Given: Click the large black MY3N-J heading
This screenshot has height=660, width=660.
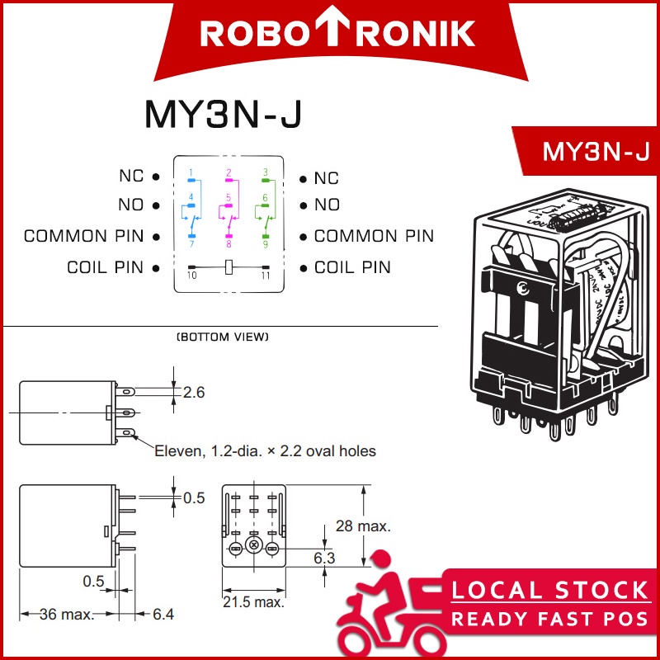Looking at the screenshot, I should (x=223, y=115).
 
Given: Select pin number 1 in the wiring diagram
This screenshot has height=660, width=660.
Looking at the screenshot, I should (x=191, y=172).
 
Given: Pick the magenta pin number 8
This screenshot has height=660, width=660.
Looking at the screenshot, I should (x=229, y=244).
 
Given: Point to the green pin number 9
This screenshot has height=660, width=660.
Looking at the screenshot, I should (x=265, y=244).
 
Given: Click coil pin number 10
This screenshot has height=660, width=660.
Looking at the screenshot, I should (x=191, y=275).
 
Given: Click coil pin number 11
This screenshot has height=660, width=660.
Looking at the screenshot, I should (x=265, y=275).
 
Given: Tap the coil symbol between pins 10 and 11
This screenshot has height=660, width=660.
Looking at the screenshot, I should (x=229, y=266).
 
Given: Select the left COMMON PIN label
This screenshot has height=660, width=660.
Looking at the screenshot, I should (x=84, y=237).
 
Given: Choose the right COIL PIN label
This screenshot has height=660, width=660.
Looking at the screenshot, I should (x=352, y=267).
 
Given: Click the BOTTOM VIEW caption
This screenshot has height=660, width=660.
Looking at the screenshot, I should (x=223, y=337).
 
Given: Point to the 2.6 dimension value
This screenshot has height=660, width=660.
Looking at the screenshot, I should (x=193, y=393).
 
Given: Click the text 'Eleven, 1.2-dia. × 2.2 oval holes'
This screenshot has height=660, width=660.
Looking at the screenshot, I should (x=266, y=450).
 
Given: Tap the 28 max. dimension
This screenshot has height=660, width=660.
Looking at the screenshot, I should (x=363, y=526).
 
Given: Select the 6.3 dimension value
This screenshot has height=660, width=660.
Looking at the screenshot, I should (x=324, y=559).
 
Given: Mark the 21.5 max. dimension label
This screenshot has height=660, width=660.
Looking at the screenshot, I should (x=253, y=601).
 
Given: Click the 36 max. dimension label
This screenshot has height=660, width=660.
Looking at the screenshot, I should (x=63, y=614).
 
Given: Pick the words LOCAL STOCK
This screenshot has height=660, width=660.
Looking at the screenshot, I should (x=549, y=591).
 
